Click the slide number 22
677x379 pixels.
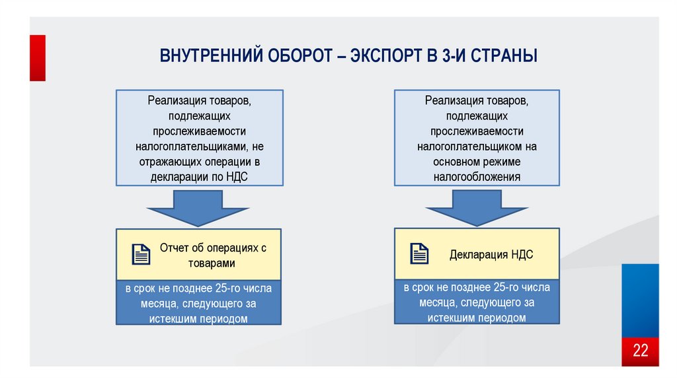641,350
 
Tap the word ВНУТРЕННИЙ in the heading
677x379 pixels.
210,55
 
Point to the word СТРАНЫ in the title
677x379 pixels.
506,55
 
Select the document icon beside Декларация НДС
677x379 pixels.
419,254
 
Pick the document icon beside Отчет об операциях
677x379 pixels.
141,254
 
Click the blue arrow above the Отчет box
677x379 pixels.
198,207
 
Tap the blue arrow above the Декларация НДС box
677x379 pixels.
477,207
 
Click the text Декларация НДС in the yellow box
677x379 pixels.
491,254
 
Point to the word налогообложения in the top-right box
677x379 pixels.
477,177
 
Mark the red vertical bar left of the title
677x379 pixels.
38,58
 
